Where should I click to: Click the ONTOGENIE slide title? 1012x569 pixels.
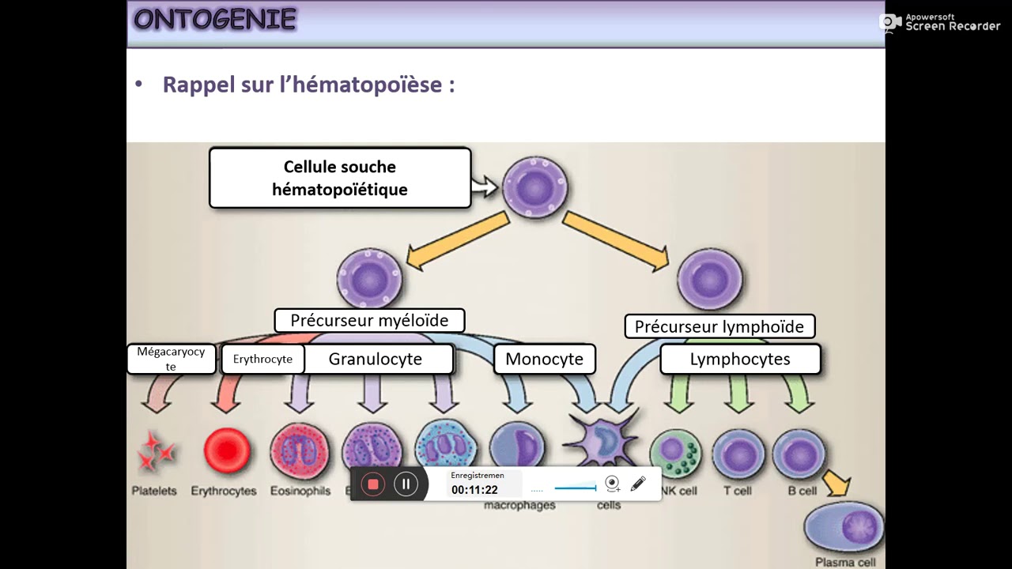point(214,19)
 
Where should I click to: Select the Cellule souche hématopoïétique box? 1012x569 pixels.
point(340,178)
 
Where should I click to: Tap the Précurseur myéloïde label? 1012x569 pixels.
point(369,320)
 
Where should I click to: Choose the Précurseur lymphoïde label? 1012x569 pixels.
point(719,326)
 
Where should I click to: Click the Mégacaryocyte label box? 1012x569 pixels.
point(171,359)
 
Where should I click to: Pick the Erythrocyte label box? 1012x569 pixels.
point(262,359)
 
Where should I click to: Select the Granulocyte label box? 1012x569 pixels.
point(376,360)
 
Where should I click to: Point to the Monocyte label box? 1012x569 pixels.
point(544,360)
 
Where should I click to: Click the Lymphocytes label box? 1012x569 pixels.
point(740,360)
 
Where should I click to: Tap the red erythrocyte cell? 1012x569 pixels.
point(227,451)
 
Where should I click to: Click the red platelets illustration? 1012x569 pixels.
point(155,450)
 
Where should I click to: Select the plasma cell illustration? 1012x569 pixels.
point(844,526)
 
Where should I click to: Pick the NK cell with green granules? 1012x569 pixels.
point(675,454)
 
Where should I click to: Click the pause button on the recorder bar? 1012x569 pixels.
point(406,484)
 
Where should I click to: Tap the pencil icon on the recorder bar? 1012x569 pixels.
point(638,483)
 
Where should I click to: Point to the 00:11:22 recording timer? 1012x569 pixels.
point(474,490)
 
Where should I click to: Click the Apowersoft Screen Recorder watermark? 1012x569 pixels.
point(940,22)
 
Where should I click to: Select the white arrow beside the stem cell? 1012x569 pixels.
point(483,187)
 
